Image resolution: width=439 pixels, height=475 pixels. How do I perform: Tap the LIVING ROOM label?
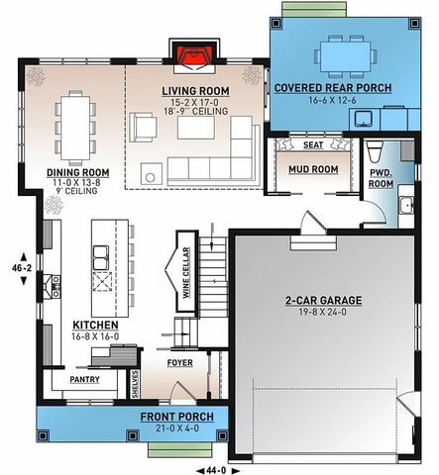point(195,92)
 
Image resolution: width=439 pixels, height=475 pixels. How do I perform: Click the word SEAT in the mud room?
point(313,144)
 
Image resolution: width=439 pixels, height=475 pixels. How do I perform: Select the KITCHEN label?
point(95,325)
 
